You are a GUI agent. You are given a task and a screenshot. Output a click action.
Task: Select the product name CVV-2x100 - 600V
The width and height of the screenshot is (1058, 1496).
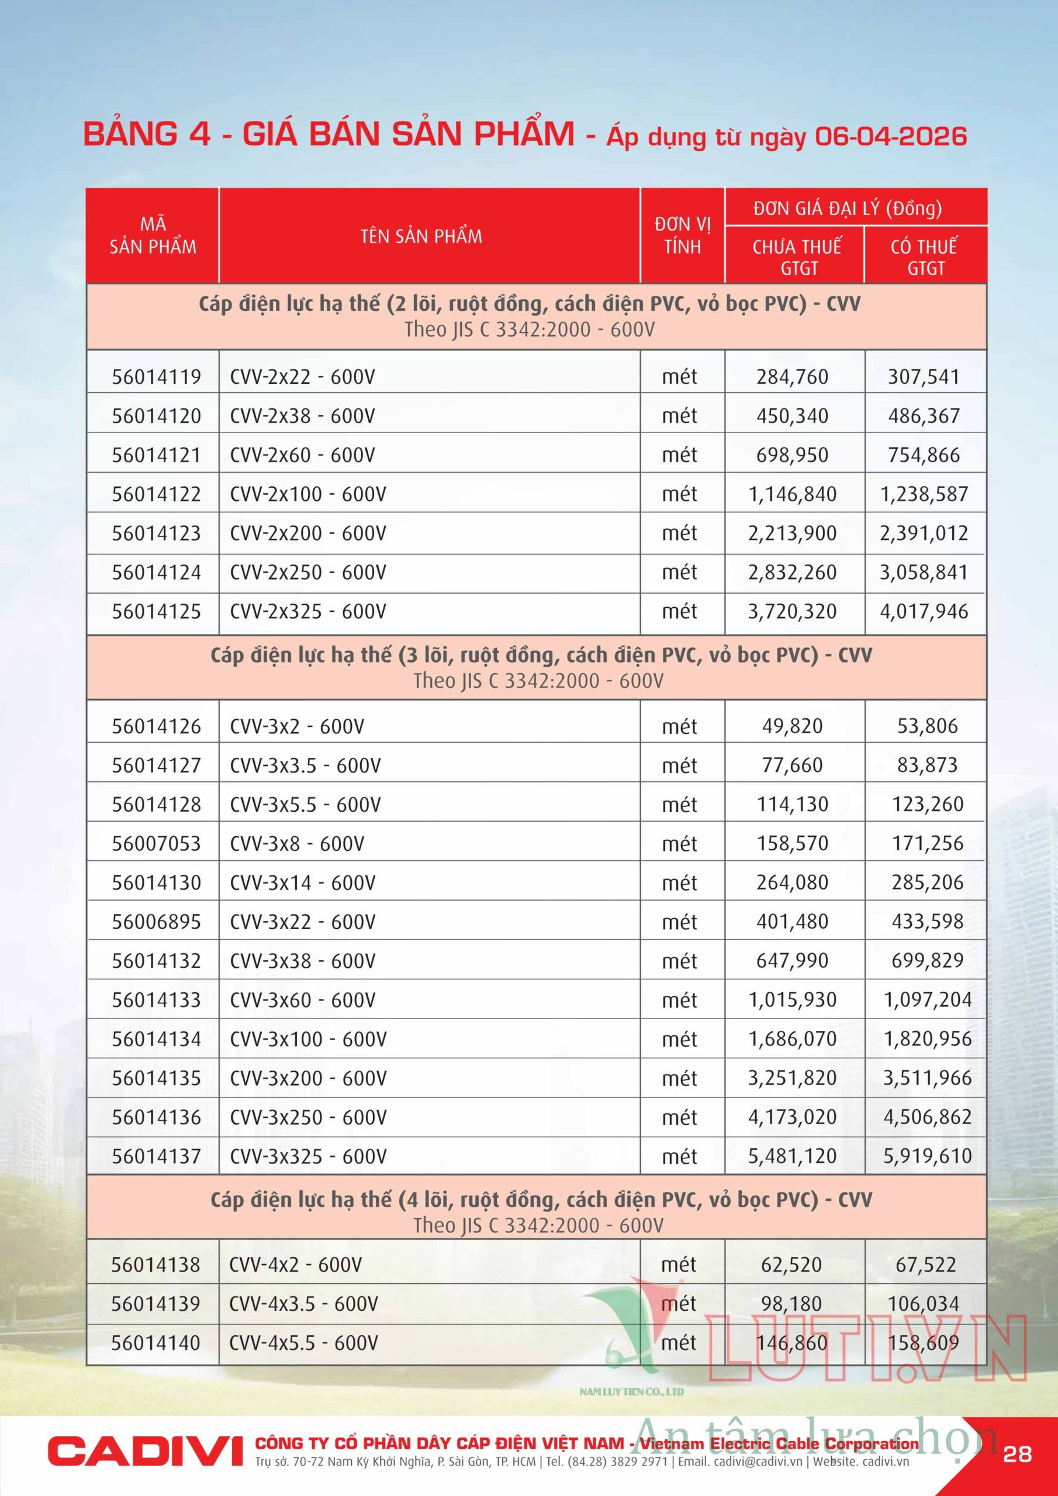pyautogui.click(x=307, y=494)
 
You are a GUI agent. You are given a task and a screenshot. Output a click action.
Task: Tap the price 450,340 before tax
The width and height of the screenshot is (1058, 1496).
pyautogui.click(x=792, y=416)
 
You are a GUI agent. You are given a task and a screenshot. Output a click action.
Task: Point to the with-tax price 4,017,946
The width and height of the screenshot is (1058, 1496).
pyautogui.click(x=924, y=612)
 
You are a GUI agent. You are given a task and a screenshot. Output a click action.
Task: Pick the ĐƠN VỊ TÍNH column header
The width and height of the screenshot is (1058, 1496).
pyautogui.click(x=683, y=236)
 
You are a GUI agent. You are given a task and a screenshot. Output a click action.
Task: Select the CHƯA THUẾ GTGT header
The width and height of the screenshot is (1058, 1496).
pyautogui.click(x=797, y=257)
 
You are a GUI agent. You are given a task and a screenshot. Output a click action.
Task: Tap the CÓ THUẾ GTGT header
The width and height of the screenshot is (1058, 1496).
pyautogui.click(x=924, y=257)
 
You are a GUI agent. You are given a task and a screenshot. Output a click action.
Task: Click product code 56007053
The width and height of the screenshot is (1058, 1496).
pyautogui.click(x=157, y=844)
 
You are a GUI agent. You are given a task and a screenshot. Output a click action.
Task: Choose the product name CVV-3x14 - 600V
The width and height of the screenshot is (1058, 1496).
pyautogui.click(x=302, y=883)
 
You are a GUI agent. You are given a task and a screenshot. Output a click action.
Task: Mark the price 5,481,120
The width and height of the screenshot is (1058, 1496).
pyautogui.click(x=792, y=1156)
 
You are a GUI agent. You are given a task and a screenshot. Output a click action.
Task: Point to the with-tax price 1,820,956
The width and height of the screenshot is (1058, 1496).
pyautogui.click(x=927, y=1039)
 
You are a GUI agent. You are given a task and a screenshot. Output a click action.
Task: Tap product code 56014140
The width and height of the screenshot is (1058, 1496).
pyautogui.click(x=156, y=1343)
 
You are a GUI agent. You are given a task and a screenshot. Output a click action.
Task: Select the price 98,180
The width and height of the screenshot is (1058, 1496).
pyautogui.click(x=791, y=1304)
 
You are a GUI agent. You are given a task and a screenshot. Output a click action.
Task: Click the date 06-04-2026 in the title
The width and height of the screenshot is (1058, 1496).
pyautogui.click(x=890, y=137)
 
